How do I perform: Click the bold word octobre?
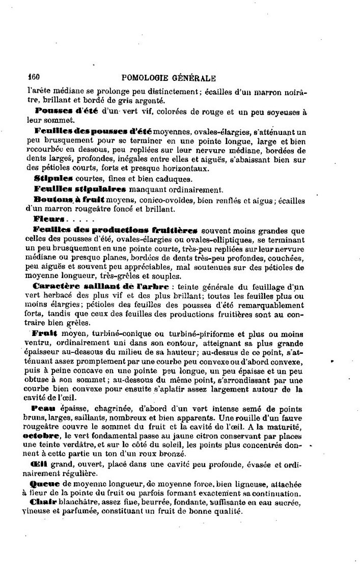tap(40, 436)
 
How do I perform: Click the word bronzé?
tap(186, 455)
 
